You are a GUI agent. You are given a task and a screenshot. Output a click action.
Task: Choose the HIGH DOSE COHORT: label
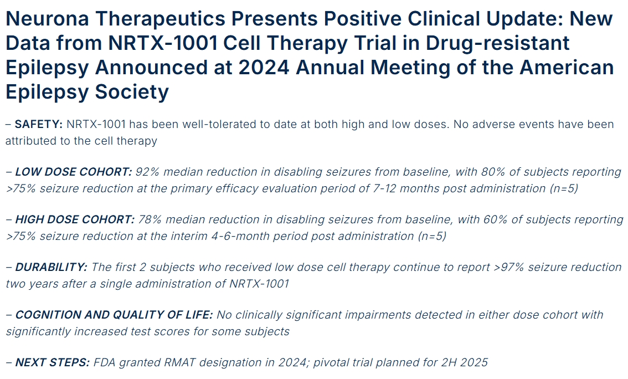click(x=75, y=219)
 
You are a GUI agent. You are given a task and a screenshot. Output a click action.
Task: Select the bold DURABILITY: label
click(x=51, y=267)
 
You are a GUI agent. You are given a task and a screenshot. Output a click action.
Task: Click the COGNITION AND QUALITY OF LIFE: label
click(x=114, y=315)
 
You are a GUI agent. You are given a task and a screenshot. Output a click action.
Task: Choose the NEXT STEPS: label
click(x=52, y=363)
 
